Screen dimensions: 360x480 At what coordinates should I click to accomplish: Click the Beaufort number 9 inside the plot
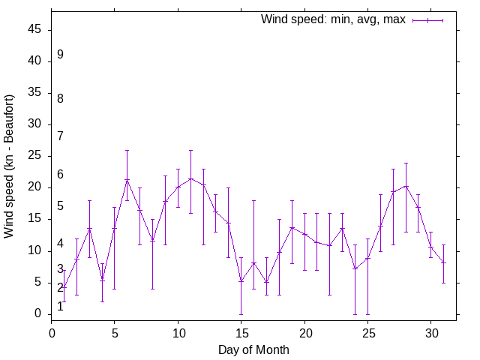tap(60, 55)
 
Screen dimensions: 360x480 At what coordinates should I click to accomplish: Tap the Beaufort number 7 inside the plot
tap(60, 136)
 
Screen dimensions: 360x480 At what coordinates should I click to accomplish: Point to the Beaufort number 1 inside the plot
tap(60, 307)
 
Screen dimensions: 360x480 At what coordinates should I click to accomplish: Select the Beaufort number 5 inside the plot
tap(60, 206)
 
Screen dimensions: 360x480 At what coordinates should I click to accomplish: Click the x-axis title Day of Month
tap(253, 349)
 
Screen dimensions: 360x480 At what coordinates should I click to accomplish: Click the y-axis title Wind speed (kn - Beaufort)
tap(10, 166)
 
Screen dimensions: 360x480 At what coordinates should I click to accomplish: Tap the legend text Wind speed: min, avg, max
tap(333, 19)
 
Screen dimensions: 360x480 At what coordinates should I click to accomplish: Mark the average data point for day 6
tap(127, 180)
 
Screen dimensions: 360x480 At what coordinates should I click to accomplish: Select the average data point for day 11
tap(190, 178)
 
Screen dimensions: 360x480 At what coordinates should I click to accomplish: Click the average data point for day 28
tap(406, 186)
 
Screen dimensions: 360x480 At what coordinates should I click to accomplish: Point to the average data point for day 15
tap(241, 281)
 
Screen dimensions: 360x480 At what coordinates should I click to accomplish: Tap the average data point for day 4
tap(102, 280)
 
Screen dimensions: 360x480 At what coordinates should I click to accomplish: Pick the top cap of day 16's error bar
tap(253, 200)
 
